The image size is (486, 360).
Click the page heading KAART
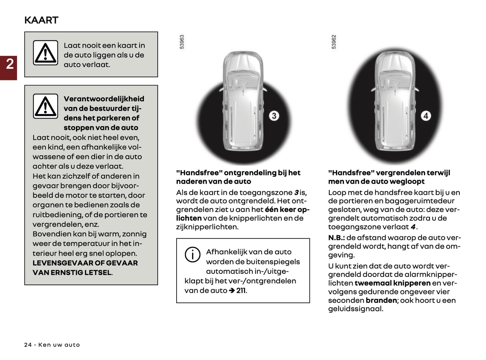pos(41,20)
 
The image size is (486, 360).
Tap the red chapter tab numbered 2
pos(9,64)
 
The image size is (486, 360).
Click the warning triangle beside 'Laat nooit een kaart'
pos(45,53)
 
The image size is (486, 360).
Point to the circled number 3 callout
pos(274,116)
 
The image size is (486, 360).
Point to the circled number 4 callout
pos(426,116)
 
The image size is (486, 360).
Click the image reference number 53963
pos(182,42)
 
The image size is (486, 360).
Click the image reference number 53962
pos(334,42)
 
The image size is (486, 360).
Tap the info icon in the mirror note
pos(192,255)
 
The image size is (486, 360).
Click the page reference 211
pos(241,290)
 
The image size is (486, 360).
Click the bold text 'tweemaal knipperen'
pos(392,283)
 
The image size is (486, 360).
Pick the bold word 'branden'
pos(381,300)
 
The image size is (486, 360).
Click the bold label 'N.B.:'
pos(336,238)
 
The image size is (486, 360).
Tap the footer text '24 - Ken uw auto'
pos(52,345)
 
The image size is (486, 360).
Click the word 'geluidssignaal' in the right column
pos(355,309)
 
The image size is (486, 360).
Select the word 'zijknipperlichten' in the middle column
pos(207,227)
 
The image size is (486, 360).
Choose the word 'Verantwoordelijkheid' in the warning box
pos(104,99)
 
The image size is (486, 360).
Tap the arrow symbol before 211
pos(232,290)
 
